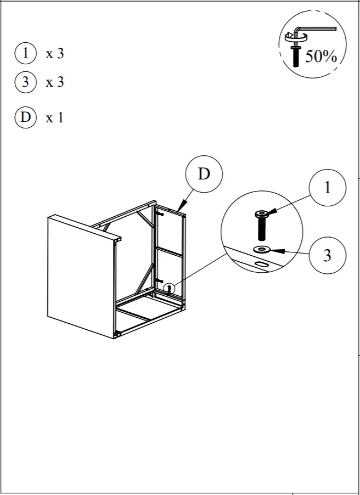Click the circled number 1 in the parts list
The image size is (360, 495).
pos(25,54)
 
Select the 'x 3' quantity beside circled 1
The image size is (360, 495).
pos(55,54)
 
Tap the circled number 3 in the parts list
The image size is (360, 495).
pos(25,82)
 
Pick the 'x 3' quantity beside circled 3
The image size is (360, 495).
pos(55,82)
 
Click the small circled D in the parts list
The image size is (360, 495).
pos(25,117)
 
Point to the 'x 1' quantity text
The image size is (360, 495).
pos(55,117)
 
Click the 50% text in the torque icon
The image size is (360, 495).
pos(320,55)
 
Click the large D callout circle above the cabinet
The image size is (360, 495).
pos(204,175)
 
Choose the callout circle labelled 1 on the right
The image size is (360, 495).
pos(328,188)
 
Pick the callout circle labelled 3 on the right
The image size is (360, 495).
pos(328,255)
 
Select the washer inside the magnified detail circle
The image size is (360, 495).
pos(262,250)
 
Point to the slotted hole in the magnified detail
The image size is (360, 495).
pos(261,265)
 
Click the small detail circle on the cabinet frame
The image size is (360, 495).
pos(170,287)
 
